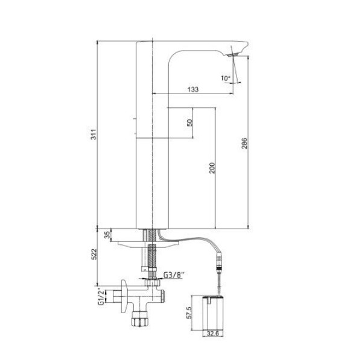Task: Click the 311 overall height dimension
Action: coord(94,134)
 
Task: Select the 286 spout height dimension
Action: coord(244,144)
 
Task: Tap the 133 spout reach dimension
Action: coord(193,89)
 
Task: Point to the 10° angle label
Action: coord(225,78)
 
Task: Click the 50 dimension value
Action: coord(189,122)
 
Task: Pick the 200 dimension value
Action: coord(212,168)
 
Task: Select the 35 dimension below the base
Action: coord(107,235)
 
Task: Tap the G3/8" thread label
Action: coord(174,275)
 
